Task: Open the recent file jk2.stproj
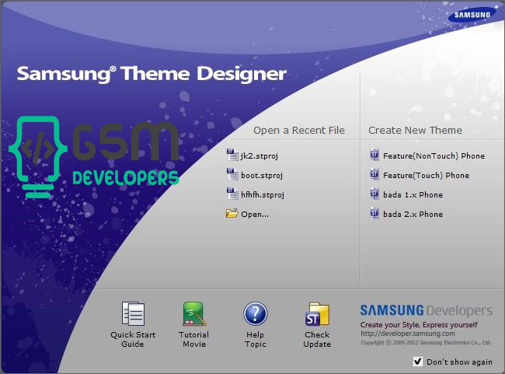coord(252,156)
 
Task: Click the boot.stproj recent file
coord(254,175)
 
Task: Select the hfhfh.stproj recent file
coord(256,194)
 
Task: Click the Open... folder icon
coord(232,214)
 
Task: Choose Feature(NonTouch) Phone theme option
coord(427,156)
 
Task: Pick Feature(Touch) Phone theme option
coord(420,175)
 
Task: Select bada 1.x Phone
coord(406,194)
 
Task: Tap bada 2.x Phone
coord(406,214)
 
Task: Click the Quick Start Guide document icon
coord(133,313)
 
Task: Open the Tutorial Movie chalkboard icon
coord(194,313)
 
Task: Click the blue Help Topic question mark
coord(256,313)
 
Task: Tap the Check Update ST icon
coord(317,313)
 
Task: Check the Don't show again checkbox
coord(418,362)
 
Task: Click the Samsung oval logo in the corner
coord(472,15)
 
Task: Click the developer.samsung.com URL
coord(408,334)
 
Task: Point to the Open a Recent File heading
coord(299,131)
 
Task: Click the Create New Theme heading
coord(415,131)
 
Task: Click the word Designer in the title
coord(242,74)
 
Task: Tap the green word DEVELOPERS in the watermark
coord(126,178)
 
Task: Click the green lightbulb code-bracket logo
coord(38,157)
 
